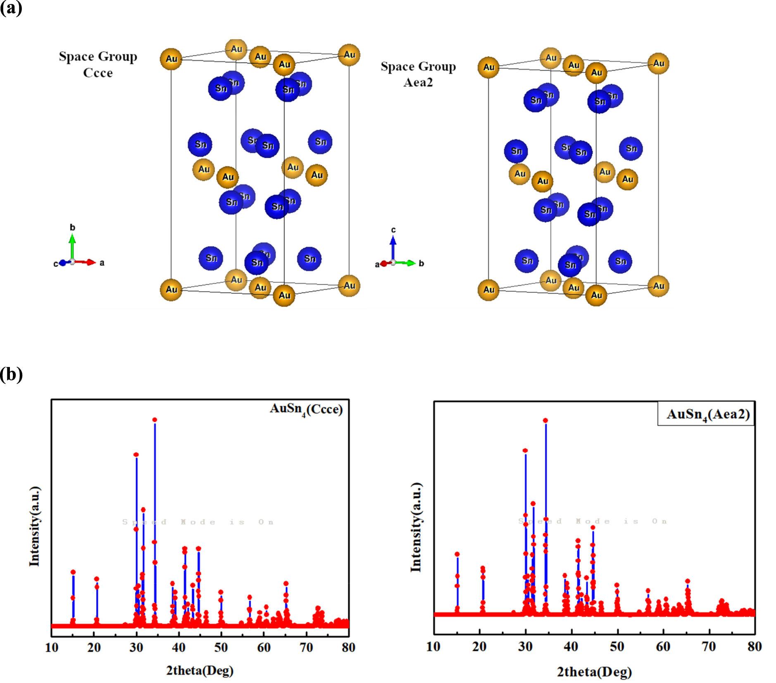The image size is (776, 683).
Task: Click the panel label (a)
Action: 11,8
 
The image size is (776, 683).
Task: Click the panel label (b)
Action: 11,374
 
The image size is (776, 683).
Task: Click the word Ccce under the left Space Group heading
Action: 98,73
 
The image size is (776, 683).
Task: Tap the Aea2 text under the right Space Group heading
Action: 418,83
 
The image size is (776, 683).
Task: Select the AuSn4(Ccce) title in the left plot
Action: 306,409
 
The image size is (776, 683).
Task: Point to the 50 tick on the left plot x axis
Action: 221,647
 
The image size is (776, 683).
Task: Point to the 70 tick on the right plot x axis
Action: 709,646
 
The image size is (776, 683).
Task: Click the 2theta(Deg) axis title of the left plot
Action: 200,670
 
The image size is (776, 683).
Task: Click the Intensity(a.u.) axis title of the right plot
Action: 416,527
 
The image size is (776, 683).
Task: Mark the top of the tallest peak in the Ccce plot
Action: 155,420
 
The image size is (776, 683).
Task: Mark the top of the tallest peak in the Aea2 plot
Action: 545,420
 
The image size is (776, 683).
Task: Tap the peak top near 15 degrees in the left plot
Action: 73,572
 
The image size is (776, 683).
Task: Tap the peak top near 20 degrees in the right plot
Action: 483,569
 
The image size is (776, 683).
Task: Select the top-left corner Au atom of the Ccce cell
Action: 171,59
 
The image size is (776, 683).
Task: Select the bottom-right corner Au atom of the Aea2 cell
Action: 658,286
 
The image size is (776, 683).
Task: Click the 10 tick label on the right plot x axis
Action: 433,646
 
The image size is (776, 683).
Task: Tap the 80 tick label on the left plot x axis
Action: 348,647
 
